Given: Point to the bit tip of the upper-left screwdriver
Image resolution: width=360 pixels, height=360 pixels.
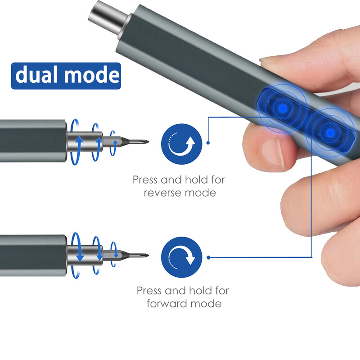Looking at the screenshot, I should [x=146, y=141].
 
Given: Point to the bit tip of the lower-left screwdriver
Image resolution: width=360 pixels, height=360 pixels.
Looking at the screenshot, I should [x=146, y=255].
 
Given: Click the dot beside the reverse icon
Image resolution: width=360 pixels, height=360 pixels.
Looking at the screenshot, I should [x=208, y=143].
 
